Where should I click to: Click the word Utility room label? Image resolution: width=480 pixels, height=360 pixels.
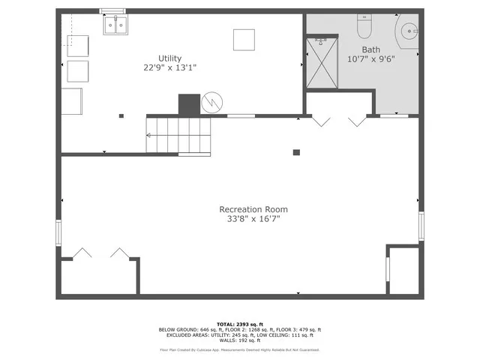pos(169,58)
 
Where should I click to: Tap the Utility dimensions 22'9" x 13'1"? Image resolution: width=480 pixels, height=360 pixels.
pos(170,67)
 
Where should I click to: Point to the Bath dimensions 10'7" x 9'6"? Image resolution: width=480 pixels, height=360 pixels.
pos(370,58)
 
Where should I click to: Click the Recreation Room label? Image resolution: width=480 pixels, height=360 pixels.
pos(253,209)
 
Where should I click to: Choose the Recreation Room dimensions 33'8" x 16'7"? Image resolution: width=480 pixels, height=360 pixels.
pos(253,219)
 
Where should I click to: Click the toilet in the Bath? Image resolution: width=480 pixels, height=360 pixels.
pos(364,27)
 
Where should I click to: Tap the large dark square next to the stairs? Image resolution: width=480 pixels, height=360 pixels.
pos(189,104)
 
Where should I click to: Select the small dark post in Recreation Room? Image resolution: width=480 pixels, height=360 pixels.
pos(296,152)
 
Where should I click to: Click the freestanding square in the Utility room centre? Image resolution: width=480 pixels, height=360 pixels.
pos(242,39)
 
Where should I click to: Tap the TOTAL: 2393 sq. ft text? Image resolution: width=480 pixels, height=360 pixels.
pos(239,323)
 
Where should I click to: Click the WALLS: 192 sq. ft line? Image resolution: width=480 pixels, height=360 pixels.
pos(239,341)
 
